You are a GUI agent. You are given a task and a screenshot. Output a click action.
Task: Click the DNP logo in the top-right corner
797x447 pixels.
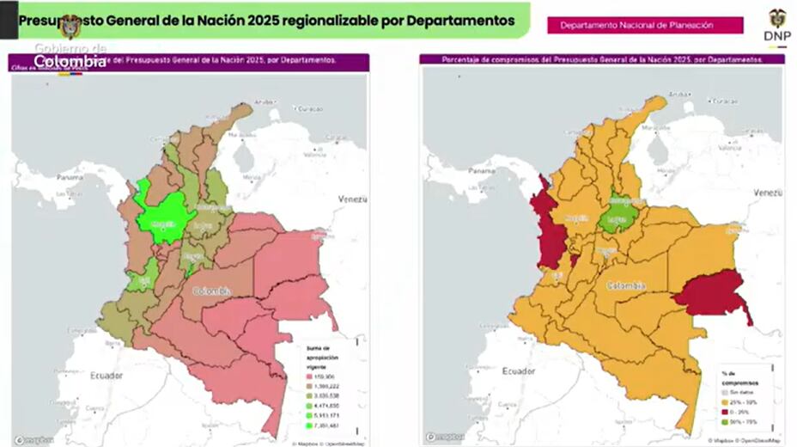(x=776, y=24)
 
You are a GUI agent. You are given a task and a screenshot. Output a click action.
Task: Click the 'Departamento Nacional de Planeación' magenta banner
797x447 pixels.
(x=645, y=26)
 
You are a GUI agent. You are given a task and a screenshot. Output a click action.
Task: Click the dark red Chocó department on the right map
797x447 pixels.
(x=546, y=227)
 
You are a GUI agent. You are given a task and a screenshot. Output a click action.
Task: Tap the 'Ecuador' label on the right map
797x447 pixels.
(x=518, y=371)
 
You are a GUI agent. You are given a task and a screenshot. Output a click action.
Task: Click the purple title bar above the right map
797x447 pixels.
(x=601, y=60)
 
